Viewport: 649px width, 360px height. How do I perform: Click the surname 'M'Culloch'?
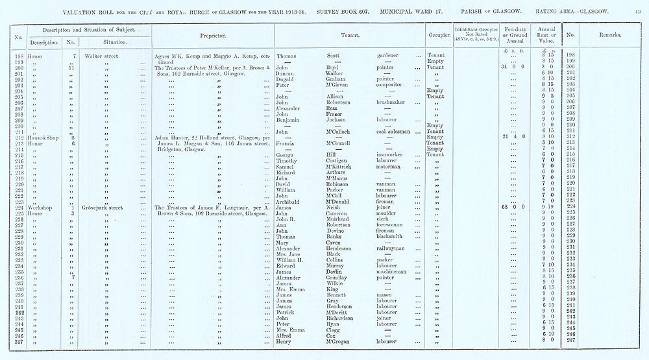tap(340, 132)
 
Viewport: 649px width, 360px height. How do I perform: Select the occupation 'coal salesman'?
tap(396, 132)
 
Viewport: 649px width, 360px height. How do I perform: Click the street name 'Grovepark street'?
tap(115, 207)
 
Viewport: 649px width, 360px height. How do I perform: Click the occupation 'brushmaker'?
tap(394, 102)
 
